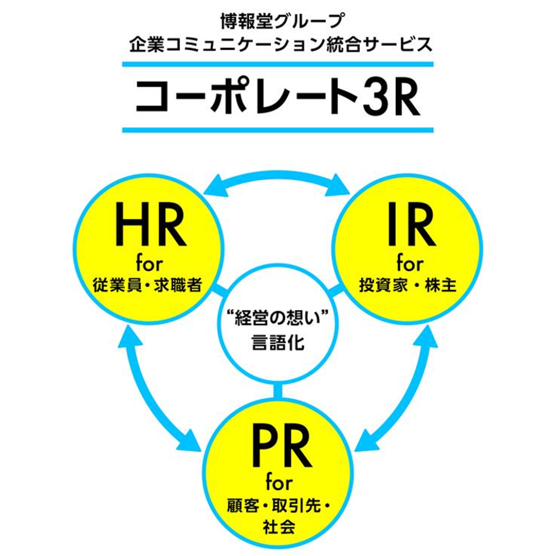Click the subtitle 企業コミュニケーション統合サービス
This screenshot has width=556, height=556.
(x=281, y=45)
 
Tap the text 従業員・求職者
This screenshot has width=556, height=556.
(x=148, y=285)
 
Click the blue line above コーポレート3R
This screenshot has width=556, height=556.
(x=278, y=64)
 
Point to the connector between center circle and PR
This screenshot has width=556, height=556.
(x=278, y=392)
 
